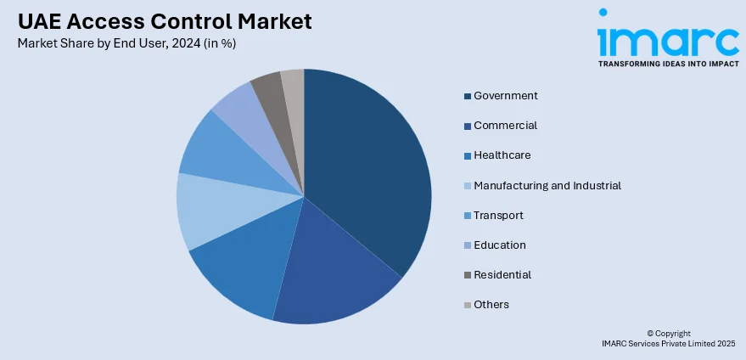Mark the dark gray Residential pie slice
coord(268,88)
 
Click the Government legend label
coord(506,96)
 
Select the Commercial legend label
coord(505,126)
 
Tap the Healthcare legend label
coord(502,155)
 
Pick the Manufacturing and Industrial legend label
coord(547,185)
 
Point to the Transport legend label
coord(498,216)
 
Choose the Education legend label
coord(500,245)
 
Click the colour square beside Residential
coord(467,275)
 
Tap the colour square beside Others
coord(467,305)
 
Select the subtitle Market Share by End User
coord(126,44)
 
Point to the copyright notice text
coord(668,338)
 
